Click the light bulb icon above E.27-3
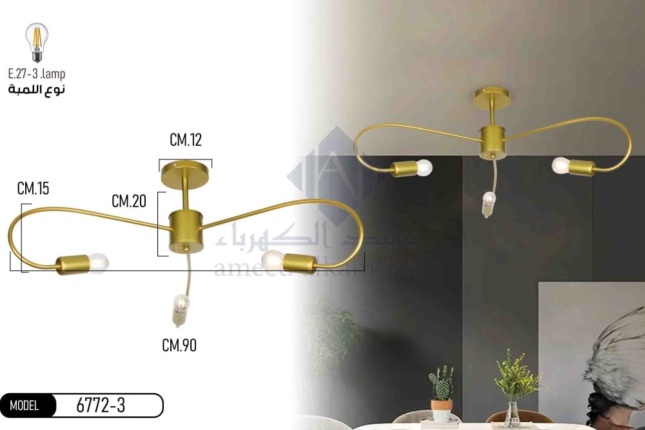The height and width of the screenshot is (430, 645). click(x=36, y=42)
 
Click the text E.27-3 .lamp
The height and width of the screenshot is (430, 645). click(x=37, y=74)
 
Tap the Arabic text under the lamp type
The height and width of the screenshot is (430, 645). click(x=37, y=89)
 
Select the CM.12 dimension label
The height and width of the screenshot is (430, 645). click(x=186, y=139)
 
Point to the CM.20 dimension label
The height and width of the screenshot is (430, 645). click(x=128, y=201)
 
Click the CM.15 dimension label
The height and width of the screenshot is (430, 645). click(x=34, y=189)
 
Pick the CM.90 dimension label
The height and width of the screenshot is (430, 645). click(x=179, y=345)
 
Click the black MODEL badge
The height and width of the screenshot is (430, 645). click(x=25, y=405)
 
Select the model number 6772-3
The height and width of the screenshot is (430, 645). click(x=101, y=405)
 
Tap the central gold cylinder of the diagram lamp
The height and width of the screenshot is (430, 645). click(x=186, y=230)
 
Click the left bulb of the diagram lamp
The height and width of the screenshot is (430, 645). click(x=98, y=261)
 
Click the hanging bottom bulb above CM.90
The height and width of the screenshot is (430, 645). click(x=181, y=303)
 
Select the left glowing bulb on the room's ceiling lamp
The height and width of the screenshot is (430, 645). click(x=423, y=168)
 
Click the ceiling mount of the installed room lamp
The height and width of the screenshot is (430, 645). click(x=491, y=97)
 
